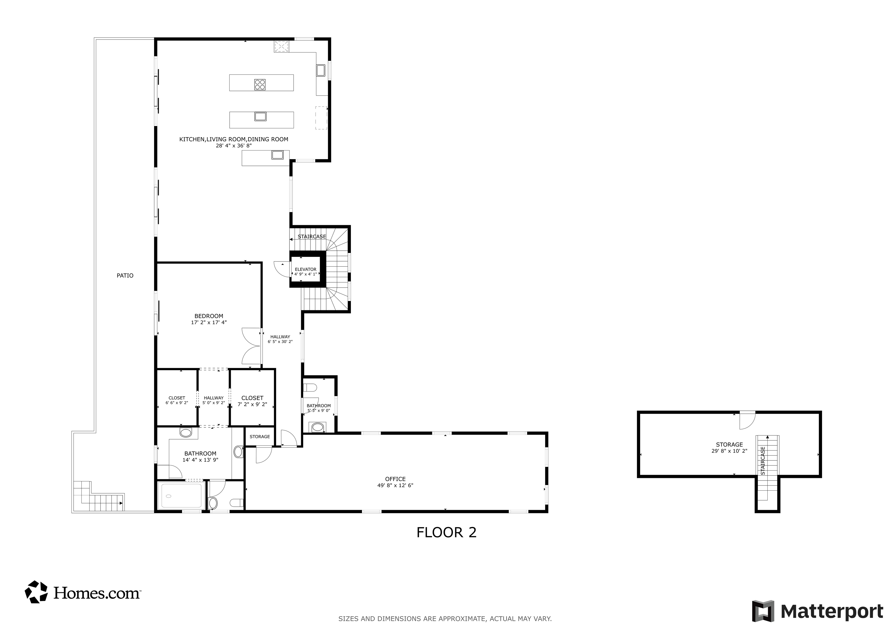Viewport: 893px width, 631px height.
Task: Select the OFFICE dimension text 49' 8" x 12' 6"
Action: pos(395,485)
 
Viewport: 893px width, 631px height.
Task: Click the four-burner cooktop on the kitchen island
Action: pos(260,84)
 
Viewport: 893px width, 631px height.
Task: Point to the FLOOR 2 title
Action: pos(446,532)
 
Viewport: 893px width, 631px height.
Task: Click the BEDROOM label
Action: pos(209,316)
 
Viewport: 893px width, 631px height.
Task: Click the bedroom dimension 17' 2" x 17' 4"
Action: pos(209,322)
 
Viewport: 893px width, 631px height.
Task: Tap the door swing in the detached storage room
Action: pos(747,420)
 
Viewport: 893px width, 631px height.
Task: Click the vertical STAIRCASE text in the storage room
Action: pos(763,460)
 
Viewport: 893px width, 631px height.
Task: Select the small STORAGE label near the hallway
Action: pos(260,437)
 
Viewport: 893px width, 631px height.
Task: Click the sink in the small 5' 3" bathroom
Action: pos(318,427)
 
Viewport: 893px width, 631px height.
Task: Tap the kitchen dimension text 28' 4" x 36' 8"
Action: pos(234,146)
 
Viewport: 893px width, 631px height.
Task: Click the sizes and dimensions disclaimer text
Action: pos(445,619)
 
